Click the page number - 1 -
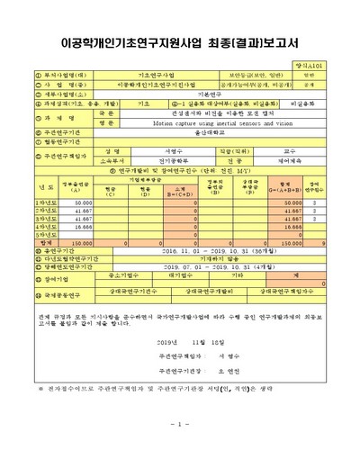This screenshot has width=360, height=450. [x=179, y=423]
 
